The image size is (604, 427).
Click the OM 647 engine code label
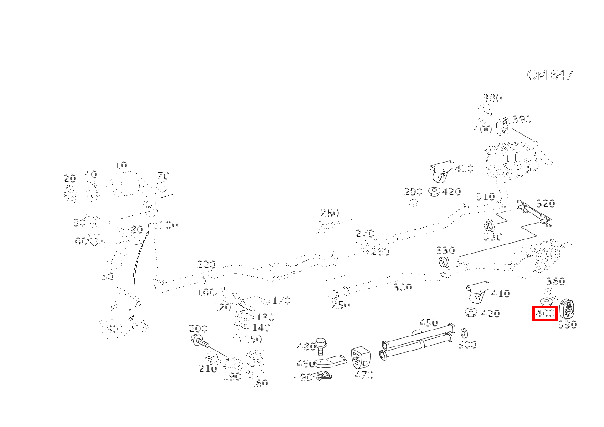coord(549,75)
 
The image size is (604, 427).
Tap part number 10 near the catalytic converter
coord(121,165)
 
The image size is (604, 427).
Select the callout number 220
coord(206,264)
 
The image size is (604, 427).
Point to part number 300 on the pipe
coord(402,287)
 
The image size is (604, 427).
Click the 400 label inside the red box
coord(545,313)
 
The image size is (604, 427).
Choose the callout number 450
coord(428,323)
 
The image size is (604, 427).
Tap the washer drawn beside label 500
coord(465,333)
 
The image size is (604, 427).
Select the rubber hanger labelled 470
coord(361,358)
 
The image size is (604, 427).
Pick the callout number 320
coord(545,203)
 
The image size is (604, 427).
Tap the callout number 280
coord(329,213)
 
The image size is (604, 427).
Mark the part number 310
coord(485,197)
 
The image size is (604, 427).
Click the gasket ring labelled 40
coord(92,191)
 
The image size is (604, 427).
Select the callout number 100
coord(168,225)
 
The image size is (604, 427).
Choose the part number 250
coord(340,305)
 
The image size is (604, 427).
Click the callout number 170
coord(281,300)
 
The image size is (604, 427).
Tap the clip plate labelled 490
coord(324,376)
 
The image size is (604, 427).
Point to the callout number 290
coord(413,192)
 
